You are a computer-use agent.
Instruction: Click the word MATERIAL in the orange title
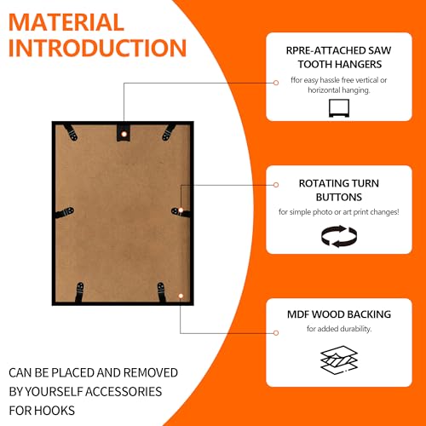66,22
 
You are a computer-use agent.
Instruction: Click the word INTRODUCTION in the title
97,48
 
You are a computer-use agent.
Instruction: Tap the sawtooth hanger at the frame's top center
124,132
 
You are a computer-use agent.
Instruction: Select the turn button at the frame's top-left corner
71,132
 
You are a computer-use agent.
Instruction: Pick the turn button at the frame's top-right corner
169,132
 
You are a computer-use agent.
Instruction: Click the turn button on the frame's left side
65,213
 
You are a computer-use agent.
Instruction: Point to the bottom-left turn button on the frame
79,292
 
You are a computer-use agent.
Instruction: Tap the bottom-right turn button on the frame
162,292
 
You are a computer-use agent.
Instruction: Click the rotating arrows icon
339,236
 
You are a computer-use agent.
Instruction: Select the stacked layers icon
339,360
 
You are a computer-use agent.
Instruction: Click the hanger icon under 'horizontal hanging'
339,108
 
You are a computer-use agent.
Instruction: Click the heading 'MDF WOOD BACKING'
339,314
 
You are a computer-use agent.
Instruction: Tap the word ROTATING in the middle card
323,183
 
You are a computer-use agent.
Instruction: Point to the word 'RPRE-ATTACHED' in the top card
325,50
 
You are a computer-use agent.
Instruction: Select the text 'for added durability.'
339,329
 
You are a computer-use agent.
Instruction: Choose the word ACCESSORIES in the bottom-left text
124,392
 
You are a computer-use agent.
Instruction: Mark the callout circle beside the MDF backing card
276,333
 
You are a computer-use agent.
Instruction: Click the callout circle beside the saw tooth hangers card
276,83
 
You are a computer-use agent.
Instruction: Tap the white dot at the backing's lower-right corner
181,296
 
